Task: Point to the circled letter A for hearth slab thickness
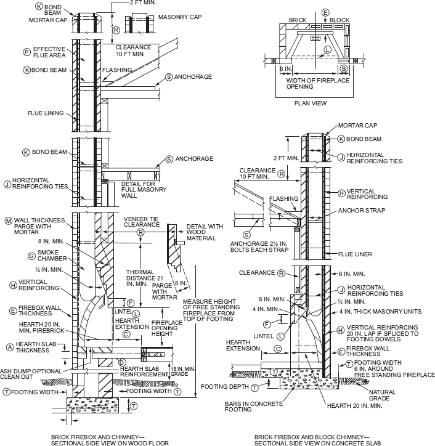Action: tap(9, 347)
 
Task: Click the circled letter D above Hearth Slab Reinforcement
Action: tap(122, 362)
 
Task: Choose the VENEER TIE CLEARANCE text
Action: tap(143, 222)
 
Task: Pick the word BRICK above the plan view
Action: tap(298, 20)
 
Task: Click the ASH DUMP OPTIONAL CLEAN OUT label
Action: tap(31, 375)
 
